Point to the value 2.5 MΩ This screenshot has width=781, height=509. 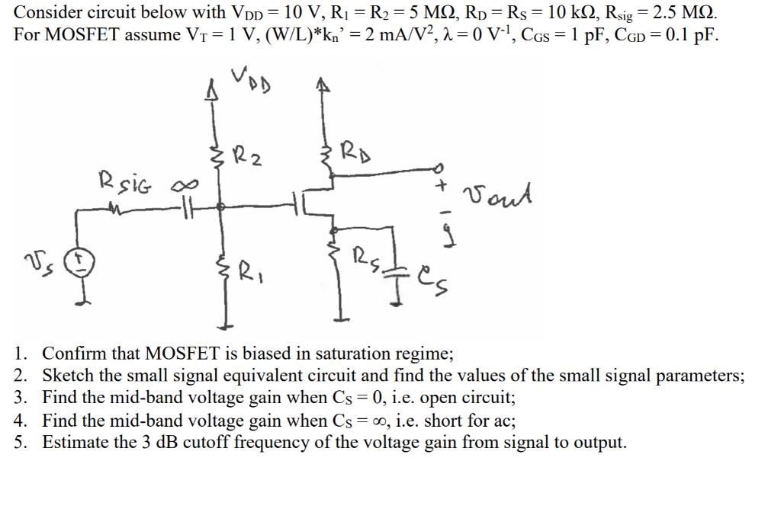(x=682, y=13)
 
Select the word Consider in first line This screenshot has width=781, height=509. (x=45, y=12)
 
